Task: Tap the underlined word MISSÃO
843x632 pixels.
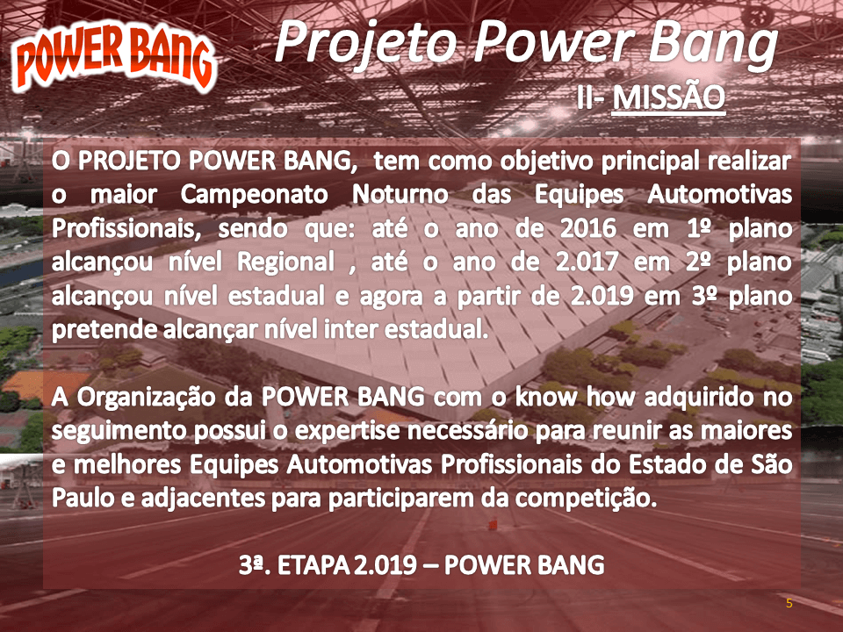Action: coord(669,97)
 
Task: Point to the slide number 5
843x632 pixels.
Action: coord(789,603)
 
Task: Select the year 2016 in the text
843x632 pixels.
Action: coord(588,228)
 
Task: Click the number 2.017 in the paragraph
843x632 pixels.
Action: coord(588,262)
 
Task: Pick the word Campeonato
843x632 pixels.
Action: coord(255,196)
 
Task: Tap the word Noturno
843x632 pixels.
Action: coord(400,195)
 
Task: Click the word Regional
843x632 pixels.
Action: coord(286,263)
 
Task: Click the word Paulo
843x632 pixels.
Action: coord(83,499)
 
